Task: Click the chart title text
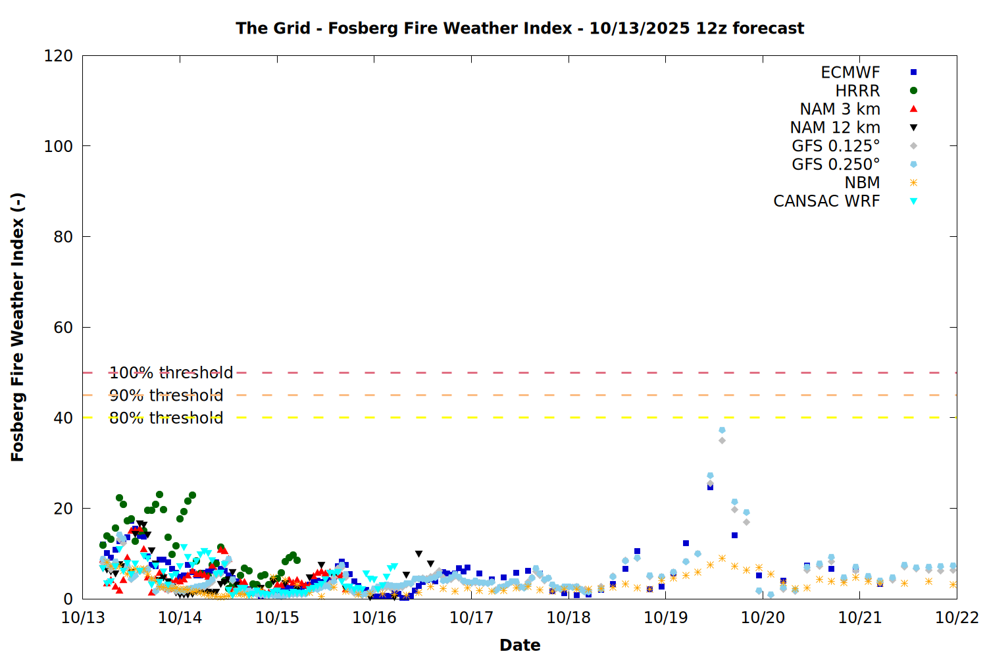(x=520, y=28)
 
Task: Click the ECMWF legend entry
(x=850, y=72)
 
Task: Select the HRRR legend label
(x=857, y=91)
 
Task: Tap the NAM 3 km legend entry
(x=840, y=109)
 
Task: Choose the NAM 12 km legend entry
(x=835, y=128)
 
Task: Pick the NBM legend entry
(x=862, y=183)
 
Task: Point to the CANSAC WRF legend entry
(x=826, y=201)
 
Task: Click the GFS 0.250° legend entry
(x=836, y=164)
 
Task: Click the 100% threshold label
(x=171, y=373)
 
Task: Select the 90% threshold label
(x=166, y=395)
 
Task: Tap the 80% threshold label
(x=166, y=418)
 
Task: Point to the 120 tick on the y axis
(x=59, y=56)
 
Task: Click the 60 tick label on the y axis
(x=63, y=328)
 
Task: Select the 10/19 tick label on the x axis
(x=665, y=618)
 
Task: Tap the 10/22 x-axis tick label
(x=957, y=618)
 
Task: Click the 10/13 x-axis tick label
(x=83, y=618)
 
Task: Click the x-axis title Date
(x=520, y=645)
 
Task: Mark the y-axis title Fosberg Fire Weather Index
(x=18, y=327)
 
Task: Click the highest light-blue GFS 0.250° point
(x=722, y=430)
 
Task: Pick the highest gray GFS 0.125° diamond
(x=722, y=440)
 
